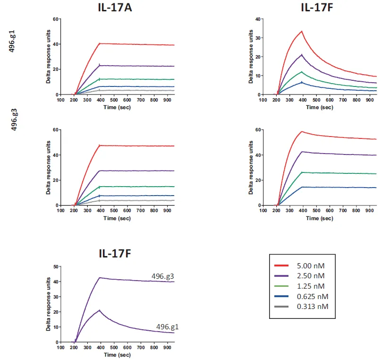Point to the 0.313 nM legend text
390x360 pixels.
(x=314, y=307)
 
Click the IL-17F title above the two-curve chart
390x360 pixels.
(x=115, y=254)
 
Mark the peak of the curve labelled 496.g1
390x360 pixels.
(x=100, y=310)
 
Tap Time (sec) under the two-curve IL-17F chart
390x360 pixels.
(x=116, y=354)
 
